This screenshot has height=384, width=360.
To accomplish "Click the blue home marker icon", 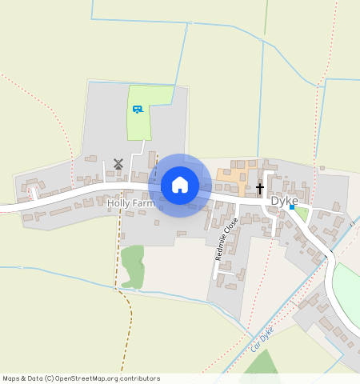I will point(180,185).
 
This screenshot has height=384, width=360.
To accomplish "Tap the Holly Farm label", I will point(131,204).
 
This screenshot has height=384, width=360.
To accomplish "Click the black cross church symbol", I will point(260,189).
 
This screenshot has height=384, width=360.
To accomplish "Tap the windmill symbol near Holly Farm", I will point(118,163).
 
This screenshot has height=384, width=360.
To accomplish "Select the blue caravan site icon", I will point(138,109).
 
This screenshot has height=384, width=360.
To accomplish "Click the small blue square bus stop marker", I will point(292,207).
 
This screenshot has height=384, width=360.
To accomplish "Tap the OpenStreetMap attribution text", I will point(81,378).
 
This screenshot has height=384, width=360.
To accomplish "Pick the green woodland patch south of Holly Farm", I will point(133,266).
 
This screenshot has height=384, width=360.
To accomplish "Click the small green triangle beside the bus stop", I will point(301,214).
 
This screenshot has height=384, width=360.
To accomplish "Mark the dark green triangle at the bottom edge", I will point(260,364).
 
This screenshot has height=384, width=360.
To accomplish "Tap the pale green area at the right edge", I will point(347,292).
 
